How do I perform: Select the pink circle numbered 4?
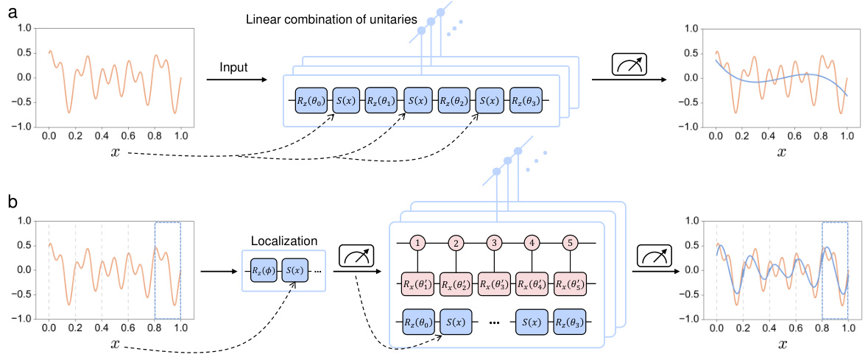(x=533, y=241)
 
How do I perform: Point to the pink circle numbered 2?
(x=456, y=241)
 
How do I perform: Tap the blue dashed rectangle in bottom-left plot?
(x=167, y=270)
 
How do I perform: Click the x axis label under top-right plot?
(x=781, y=152)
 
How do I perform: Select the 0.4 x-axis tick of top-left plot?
(x=102, y=136)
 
